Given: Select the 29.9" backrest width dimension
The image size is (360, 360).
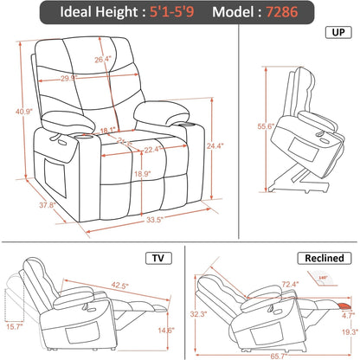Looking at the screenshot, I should click(x=94, y=77).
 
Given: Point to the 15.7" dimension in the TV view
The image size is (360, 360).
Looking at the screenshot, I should click(x=15, y=325).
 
